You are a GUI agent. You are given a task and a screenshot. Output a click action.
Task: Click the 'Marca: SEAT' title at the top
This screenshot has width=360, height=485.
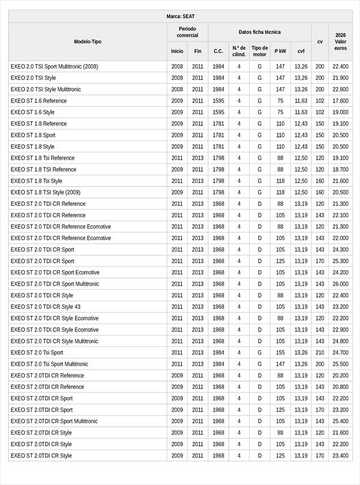tap(180, 17)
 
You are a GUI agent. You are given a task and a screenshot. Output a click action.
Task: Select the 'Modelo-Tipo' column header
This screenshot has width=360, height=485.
tap(88, 41)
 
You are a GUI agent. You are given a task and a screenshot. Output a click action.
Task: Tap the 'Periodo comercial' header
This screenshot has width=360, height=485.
tap(187, 32)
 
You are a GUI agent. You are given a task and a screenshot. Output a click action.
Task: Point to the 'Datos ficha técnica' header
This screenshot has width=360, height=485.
tap(259, 32)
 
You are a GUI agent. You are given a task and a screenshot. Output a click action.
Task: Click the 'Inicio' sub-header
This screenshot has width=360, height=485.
tap(177, 51)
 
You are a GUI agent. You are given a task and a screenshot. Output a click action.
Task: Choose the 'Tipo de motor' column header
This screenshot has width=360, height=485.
tap(260, 51)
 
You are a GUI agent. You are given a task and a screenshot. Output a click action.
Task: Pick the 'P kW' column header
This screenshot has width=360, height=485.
tap(280, 51)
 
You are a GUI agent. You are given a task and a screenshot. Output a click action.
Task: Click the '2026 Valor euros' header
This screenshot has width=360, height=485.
tap(340, 41)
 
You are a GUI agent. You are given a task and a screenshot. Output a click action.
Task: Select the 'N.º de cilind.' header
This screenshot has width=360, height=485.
tap(239, 51)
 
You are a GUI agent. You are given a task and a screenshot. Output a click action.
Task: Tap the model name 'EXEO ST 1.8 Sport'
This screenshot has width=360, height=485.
tap(33, 135)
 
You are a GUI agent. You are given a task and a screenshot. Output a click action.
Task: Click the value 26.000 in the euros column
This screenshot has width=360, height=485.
tap(340, 284)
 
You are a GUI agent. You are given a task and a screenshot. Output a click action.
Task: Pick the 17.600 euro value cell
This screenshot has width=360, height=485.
tap(340, 101)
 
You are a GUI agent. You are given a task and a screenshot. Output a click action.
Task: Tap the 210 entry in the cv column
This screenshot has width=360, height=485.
tap(320, 352)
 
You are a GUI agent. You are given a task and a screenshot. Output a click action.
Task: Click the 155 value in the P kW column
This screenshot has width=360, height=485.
tap(280, 352)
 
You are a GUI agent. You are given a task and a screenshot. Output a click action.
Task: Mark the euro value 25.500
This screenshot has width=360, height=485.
tap(340, 364)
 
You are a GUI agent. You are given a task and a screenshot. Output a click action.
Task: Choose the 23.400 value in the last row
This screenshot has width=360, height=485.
tap(340, 456)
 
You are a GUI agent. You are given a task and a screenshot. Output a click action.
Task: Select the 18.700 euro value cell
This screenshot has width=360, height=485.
tap(340, 169)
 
